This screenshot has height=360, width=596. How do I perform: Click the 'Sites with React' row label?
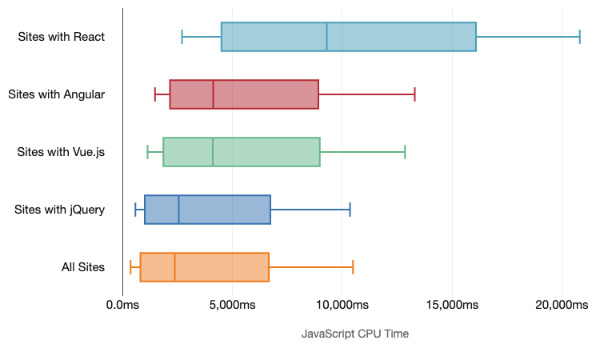point(62,37)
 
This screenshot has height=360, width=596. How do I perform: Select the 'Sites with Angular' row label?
point(57,94)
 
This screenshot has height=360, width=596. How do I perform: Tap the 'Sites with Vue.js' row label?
point(61,152)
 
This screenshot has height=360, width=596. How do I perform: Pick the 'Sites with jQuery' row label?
point(60,210)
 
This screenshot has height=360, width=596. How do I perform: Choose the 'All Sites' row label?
point(83,267)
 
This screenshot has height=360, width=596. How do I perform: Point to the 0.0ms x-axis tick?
point(122,306)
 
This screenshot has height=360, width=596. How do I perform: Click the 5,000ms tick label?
point(231,306)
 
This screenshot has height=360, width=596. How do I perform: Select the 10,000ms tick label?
point(342,306)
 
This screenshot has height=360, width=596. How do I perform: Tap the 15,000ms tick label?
point(452,306)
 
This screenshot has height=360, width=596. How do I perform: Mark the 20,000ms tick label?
point(562,306)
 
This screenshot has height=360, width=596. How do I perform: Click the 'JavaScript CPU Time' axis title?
point(355,334)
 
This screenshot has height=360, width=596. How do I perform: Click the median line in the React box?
point(327,37)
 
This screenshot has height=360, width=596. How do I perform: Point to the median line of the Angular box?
point(214,94)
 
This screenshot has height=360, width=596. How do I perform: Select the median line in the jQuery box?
point(179,210)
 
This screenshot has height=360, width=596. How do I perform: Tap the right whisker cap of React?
point(580,37)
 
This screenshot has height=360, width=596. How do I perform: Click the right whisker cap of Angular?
point(414,94)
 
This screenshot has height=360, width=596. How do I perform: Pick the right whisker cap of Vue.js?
point(405,152)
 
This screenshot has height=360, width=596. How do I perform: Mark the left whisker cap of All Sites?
point(130,267)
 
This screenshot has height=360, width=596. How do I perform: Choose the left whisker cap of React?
point(182,37)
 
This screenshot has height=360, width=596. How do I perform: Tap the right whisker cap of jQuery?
point(350,210)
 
